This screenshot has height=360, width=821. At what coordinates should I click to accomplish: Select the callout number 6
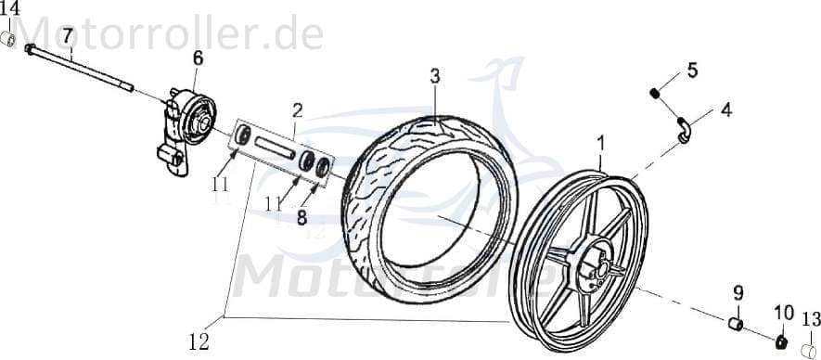pyautogui.click(x=198, y=58)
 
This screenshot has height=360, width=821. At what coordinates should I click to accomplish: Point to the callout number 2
pyautogui.click(x=297, y=109)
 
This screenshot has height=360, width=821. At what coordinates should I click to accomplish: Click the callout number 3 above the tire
pyautogui.click(x=434, y=76)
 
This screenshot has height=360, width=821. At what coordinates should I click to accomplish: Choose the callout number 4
pyautogui.click(x=725, y=109)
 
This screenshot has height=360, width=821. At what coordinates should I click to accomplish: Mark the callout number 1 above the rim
pyautogui.click(x=601, y=143)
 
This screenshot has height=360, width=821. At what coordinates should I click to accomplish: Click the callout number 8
pyautogui.click(x=302, y=219)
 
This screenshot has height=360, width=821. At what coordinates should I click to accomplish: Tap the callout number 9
pyautogui.click(x=739, y=292)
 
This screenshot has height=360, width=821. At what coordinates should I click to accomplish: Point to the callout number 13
pyautogui.click(x=810, y=318)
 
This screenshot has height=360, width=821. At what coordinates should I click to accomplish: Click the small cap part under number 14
pyautogui.click(x=8, y=38)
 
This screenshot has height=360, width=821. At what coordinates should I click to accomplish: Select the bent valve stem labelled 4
pyautogui.click(x=685, y=132)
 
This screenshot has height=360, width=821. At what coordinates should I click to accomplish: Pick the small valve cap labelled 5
pyautogui.click(x=655, y=92)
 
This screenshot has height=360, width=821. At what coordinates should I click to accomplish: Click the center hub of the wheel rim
pyautogui.click(x=595, y=268)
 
